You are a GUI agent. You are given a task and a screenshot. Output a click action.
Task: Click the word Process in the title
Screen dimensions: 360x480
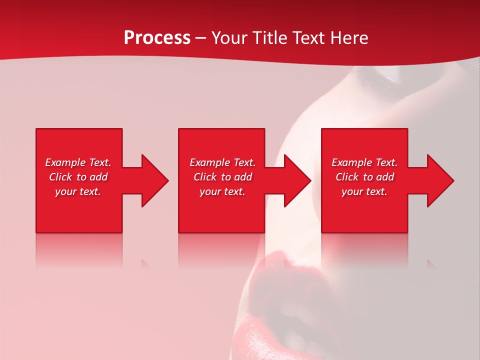pos(157,38)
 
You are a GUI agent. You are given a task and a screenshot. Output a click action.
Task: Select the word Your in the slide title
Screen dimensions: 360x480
pos(229,38)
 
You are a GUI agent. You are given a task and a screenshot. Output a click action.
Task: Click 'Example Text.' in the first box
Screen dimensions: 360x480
pos(78,162)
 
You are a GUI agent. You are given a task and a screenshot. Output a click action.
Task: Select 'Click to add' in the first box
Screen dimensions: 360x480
pos(78,177)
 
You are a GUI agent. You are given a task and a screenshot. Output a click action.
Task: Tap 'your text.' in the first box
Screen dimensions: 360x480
pos(78,191)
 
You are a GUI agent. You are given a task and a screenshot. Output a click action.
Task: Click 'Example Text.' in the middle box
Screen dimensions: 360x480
pos(222,162)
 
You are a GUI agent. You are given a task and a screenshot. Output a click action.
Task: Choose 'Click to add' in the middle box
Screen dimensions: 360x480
pos(222,177)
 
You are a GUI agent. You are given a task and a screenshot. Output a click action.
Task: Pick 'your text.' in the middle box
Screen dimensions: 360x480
pos(222,191)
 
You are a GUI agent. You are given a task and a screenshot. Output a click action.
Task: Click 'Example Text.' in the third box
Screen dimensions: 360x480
pos(364,162)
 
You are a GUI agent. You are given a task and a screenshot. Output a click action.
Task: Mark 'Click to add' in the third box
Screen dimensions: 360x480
pos(364,177)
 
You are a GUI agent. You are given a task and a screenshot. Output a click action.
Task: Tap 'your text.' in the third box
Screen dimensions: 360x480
pos(364,191)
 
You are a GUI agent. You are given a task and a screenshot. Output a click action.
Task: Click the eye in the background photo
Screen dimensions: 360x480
pos(380,75)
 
